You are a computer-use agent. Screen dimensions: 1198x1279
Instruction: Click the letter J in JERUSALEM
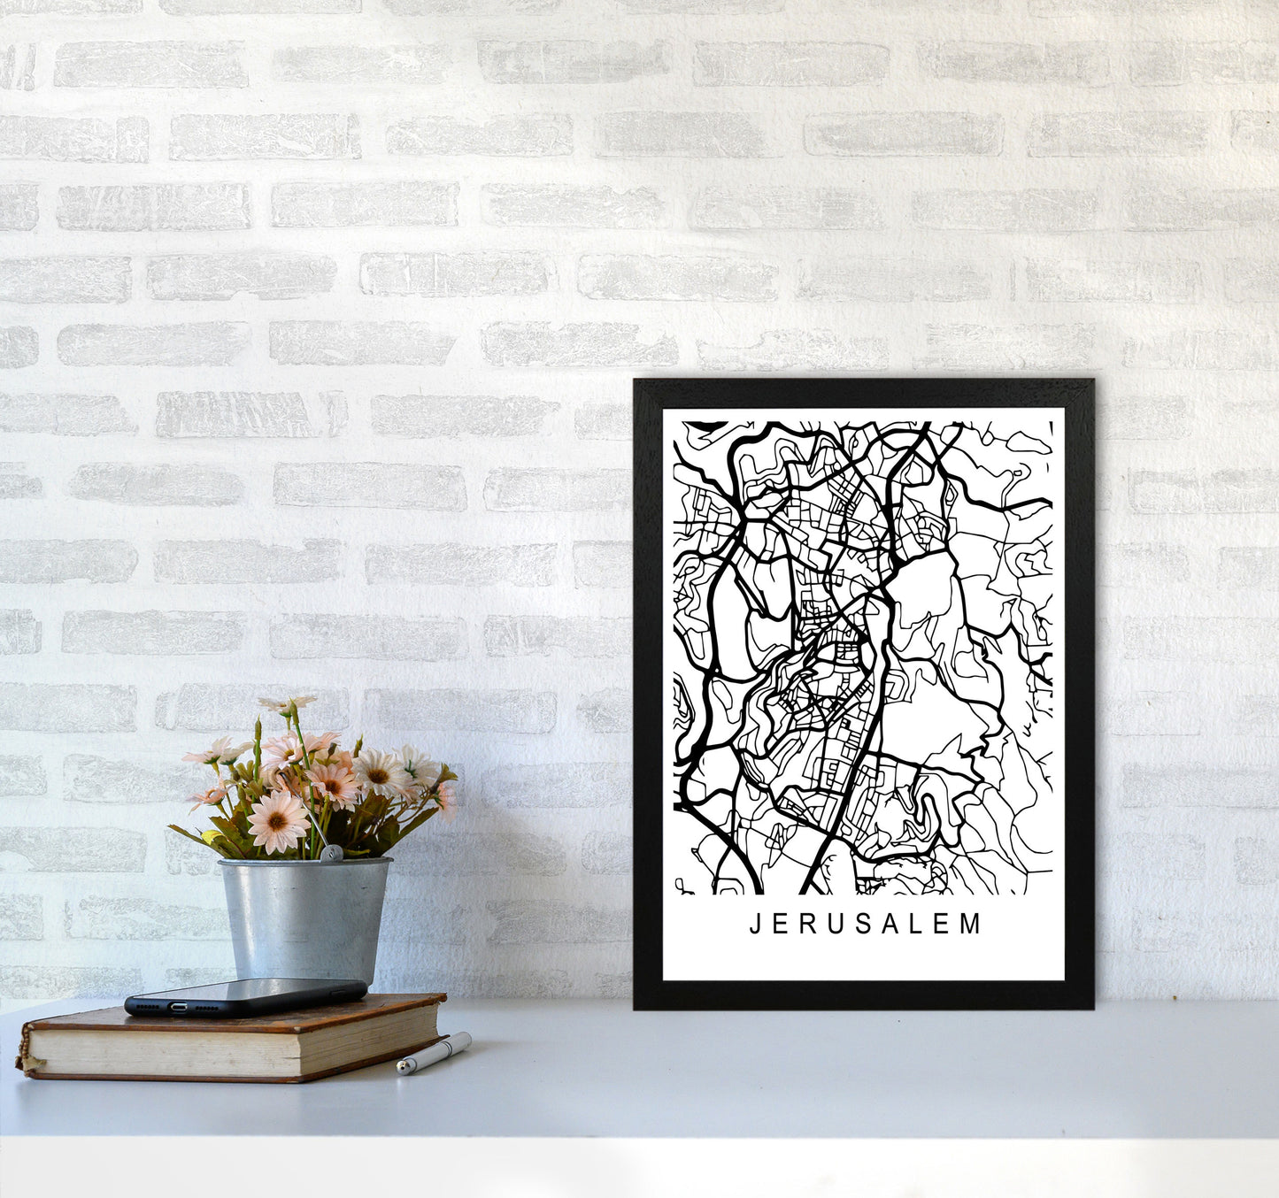pos(754,925)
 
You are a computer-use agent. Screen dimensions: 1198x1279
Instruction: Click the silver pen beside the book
pos(434,1053)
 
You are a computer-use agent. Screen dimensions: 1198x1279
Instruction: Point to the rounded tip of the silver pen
pos(403,1069)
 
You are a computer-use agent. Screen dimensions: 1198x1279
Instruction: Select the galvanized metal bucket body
pos(304,920)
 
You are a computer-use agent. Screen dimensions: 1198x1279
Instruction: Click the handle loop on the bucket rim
pos(330,853)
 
